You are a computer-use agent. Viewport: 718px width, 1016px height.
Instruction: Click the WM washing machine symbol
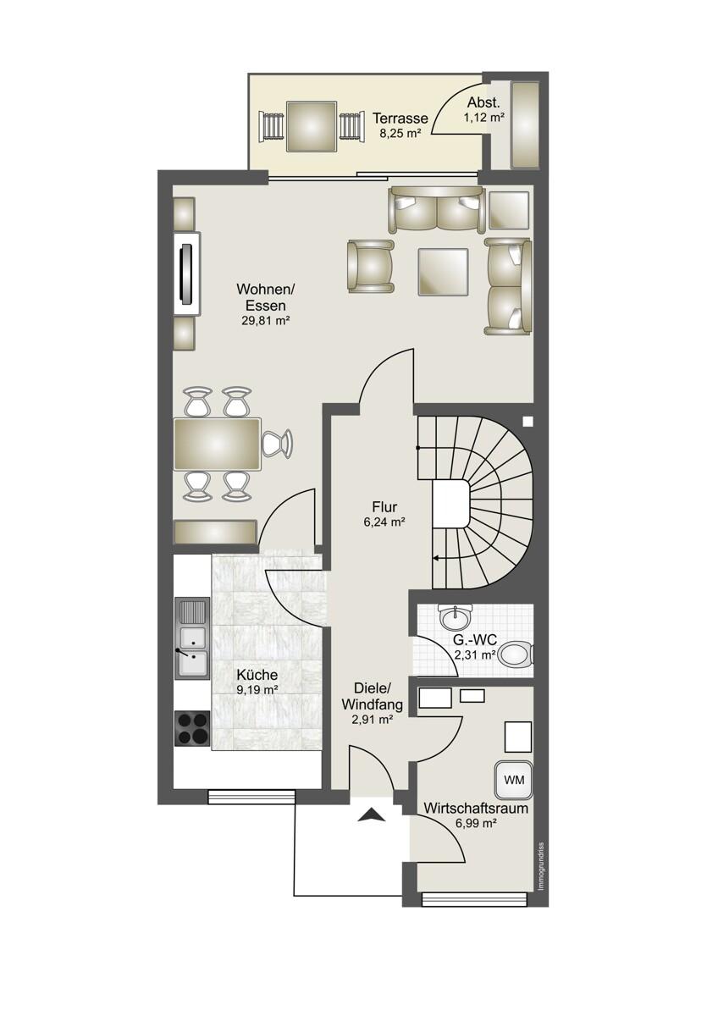click(x=513, y=780)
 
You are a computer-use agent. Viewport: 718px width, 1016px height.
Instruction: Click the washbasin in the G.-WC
click(x=456, y=616)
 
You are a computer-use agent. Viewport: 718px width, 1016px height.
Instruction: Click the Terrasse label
click(x=400, y=119)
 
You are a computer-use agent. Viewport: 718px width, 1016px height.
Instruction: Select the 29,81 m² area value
click(x=265, y=321)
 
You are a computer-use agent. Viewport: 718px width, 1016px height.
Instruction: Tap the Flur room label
click(x=384, y=506)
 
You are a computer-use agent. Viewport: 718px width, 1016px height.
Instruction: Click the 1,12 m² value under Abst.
click(x=484, y=118)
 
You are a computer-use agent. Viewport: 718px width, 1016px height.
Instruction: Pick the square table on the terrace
click(x=312, y=126)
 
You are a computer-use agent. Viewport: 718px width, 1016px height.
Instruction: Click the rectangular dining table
click(x=218, y=444)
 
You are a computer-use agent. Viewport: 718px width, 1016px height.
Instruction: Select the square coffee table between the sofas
click(x=443, y=272)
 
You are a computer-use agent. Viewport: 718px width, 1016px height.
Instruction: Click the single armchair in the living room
click(x=371, y=266)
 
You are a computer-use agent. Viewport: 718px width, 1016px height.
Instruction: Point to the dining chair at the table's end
click(x=278, y=444)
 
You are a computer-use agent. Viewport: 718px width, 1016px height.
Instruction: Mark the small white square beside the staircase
click(x=527, y=422)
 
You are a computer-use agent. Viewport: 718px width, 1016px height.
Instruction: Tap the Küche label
click(x=257, y=675)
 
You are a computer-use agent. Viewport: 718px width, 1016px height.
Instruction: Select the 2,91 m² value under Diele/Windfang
click(x=372, y=720)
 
